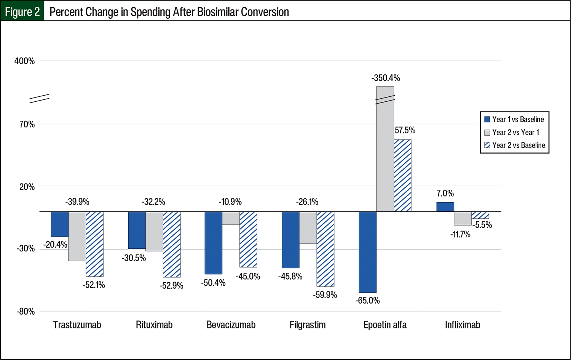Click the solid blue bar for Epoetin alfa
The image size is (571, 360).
click(x=367, y=252)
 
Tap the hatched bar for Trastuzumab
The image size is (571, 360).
click(x=94, y=244)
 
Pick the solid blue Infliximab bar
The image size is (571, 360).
click(x=445, y=207)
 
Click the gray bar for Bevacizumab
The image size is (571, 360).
click(x=231, y=218)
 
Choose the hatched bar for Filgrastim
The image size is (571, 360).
click(x=325, y=249)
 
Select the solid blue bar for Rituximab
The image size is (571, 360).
click(x=137, y=230)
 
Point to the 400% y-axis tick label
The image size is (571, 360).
click(x=24, y=61)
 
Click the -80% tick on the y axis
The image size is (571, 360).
click(x=26, y=312)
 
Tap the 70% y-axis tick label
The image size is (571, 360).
click(x=27, y=124)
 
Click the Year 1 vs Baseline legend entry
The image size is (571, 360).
click(x=514, y=120)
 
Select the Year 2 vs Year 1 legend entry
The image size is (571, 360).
click(x=512, y=133)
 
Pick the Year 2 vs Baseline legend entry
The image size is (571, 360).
click(x=515, y=146)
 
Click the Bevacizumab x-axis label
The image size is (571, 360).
click(x=231, y=325)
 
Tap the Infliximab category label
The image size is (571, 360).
click(x=463, y=325)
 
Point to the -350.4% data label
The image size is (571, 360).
click(x=386, y=78)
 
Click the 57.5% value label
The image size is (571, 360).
click(x=405, y=131)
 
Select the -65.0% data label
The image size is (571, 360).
click(x=368, y=301)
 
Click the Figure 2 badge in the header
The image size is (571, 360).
click(x=22, y=12)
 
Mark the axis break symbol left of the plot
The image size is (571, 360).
click(x=40, y=99)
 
